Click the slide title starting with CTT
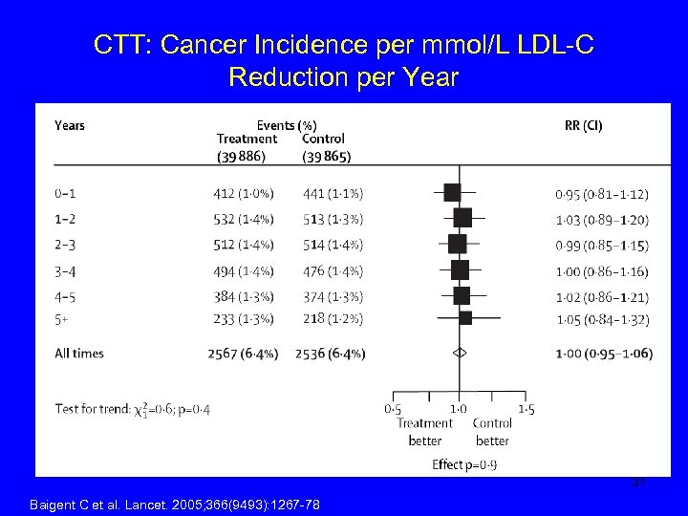tap(344, 60)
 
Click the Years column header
tap(70, 125)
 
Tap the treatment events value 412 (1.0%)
tap(243, 194)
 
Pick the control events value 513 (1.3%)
tap(332, 219)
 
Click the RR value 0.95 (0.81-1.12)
tap(601, 194)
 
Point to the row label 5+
tap(62, 318)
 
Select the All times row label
tap(79, 354)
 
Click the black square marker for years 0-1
tap(452, 193)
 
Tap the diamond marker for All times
tap(460, 353)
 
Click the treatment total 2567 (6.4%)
tap(243, 354)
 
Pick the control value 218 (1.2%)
tap(332, 318)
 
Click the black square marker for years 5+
tap(465, 317)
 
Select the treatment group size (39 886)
tap(240, 157)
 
